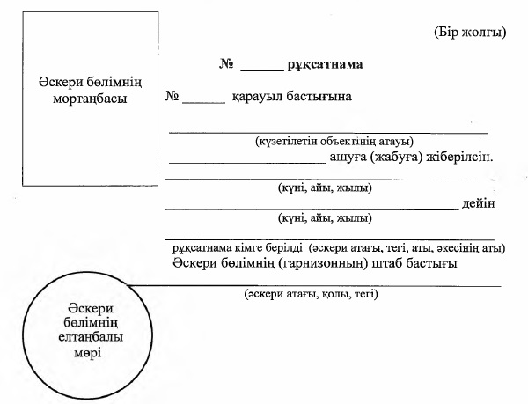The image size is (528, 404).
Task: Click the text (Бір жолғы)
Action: coord(469,33)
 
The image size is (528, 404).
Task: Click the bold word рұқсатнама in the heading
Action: coord(326,64)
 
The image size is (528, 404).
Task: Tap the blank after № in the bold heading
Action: coord(261,67)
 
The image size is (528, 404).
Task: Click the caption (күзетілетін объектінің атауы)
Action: coord(334,141)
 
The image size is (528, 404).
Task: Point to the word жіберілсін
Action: coord(461,158)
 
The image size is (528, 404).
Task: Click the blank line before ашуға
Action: coord(246,162)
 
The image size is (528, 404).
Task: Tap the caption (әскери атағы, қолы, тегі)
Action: coord(312,293)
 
